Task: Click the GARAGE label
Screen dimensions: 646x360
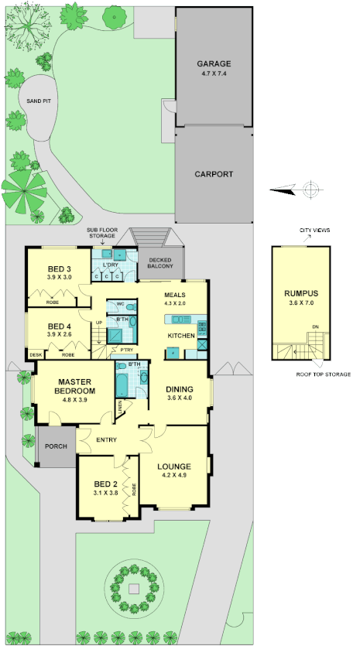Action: click(x=214, y=64)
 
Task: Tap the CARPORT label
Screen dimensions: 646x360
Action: click(x=214, y=174)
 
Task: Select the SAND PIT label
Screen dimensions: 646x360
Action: click(x=38, y=101)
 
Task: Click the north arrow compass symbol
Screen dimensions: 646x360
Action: click(x=310, y=190)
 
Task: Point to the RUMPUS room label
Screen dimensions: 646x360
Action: click(x=301, y=294)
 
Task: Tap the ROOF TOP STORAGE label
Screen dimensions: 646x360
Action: click(x=324, y=374)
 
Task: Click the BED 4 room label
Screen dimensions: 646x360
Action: click(x=59, y=326)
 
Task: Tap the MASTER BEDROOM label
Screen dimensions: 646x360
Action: click(x=74, y=386)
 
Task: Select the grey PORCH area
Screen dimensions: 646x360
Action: click(x=55, y=446)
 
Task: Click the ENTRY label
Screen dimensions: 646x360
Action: click(x=105, y=440)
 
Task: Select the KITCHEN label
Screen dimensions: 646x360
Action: click(x=182, y=337)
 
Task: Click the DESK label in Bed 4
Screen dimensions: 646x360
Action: click(x=36, y=354)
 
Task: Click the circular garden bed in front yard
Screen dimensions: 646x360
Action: click(x=134, y=589)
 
